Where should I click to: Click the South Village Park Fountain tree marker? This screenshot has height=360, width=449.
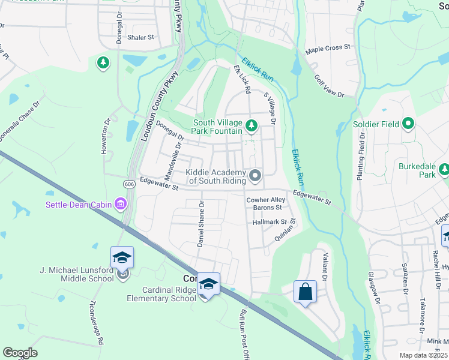[252, 126]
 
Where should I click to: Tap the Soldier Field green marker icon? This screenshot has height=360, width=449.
[409, 125]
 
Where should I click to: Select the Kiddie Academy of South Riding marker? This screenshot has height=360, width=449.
[255, 176]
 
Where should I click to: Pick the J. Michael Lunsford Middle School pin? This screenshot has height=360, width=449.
[122, 258]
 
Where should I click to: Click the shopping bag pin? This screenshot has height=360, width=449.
[305, 292]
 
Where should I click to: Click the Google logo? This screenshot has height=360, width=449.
[20, 352]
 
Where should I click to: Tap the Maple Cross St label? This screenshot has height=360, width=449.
[328, 47]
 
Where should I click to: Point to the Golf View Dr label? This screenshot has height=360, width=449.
[329, 86]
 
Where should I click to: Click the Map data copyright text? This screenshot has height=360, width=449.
[424, 355]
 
